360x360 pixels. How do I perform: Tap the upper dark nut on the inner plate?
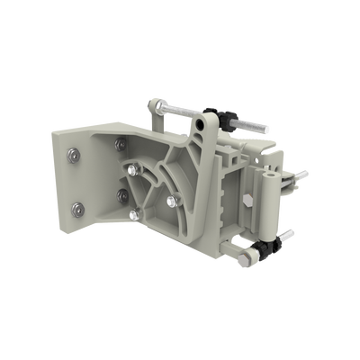tap(121, 142)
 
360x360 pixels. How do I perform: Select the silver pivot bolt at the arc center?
tap(134, 168)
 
